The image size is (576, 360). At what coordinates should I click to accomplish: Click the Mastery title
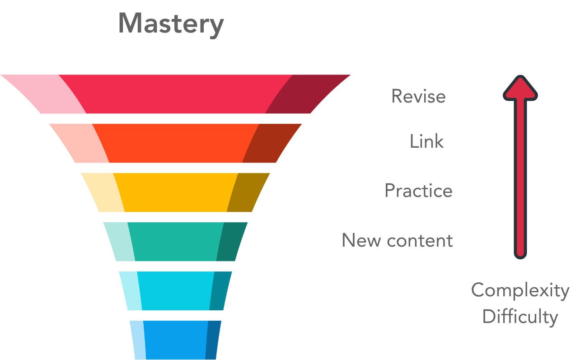point(171,23)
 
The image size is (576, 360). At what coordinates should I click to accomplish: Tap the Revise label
point(418,96)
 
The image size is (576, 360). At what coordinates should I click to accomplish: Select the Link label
point(426,141)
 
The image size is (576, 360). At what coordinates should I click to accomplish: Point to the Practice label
point(418,191)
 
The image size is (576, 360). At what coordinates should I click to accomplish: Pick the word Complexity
point(520,290)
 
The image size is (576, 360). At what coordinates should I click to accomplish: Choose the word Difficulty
point(520,317)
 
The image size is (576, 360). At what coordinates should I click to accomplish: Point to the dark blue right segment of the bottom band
point(213,340)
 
